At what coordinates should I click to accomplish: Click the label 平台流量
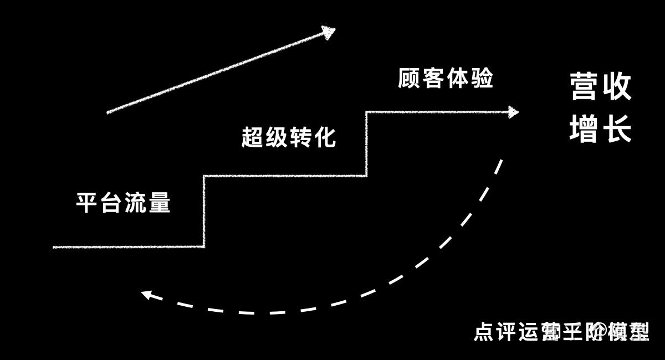click(x=123, y=203)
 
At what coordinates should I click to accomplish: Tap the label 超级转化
click(x=289, y=137)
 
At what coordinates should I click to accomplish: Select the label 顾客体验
click(x=446, y=79)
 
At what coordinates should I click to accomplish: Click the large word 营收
click(x=601, y=88)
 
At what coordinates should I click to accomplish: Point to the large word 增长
click(x=601, y=128)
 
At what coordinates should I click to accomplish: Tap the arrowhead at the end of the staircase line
click(x=513, y=112)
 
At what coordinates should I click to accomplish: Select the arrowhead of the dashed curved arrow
click(x=146, y=294)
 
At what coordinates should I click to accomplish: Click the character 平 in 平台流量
click(x=86, y=203)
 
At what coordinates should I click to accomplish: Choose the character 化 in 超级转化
click(x=325, y=137)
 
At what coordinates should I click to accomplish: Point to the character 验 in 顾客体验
click(x=482, y=79)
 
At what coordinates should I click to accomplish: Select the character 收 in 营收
click(x=617, y=88)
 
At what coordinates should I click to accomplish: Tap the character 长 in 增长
click(x=617, y=128)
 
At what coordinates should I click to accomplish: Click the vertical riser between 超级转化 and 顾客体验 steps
click(x=366, y=144)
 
